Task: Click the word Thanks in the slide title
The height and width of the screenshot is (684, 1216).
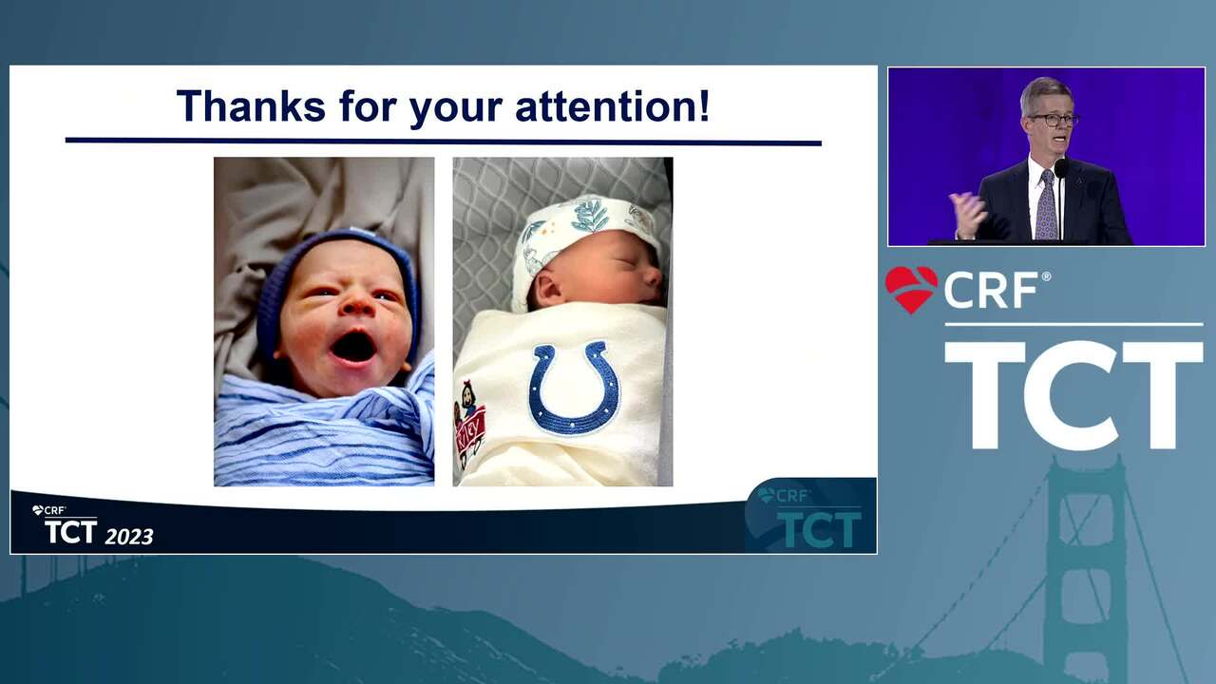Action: [x=251, y=105]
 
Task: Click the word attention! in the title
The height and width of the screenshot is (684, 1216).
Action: [x=612, y=105]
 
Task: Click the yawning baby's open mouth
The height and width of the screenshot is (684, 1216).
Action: [x=353, y=348]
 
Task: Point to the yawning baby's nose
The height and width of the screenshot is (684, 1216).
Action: [x=355, y=304]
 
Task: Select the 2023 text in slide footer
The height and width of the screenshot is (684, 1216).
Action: [x=129, y=537]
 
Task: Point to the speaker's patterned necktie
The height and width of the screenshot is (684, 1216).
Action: [x=1046, y=205]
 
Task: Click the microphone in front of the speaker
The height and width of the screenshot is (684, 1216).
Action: [x=1061, y=167]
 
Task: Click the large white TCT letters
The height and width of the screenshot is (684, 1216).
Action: [x=1073, y=395]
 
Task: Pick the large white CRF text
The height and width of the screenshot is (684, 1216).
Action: [x=991, y=291]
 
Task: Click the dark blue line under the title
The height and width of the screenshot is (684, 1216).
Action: [x=443, y=142]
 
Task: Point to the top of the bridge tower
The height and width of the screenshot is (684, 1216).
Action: [x=1086, y=463]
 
